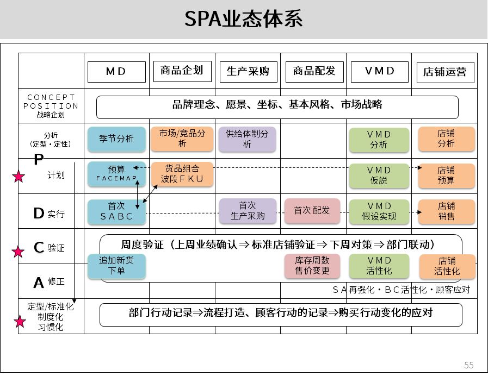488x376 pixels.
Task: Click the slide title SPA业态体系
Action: pos(243,18)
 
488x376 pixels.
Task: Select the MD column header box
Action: pos(116,72)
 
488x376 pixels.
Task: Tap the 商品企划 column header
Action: pos(182,71)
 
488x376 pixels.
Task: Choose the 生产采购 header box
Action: pos(249,72)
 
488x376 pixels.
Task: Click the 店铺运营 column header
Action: pos(446,72)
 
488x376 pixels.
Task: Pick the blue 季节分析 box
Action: pos(117,139)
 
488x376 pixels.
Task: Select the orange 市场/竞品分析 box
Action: pos(182,139)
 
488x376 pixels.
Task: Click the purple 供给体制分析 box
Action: pos(247,139)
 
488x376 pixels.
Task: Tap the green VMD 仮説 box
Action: pos(379,176)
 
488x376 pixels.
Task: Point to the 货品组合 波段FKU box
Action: pos(182,174)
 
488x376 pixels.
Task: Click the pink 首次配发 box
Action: pos(312,211)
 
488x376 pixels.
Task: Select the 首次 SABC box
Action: pos(117,211)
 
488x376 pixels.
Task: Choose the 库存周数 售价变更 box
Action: pos(312,266)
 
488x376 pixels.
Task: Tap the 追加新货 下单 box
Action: pos(117,266)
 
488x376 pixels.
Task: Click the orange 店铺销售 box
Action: pos(447,211)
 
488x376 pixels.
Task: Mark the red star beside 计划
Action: pos(18,177)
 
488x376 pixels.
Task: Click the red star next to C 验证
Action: pos(18,252)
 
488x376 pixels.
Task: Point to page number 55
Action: pos(469,365)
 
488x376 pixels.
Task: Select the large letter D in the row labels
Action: pos(39,214)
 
